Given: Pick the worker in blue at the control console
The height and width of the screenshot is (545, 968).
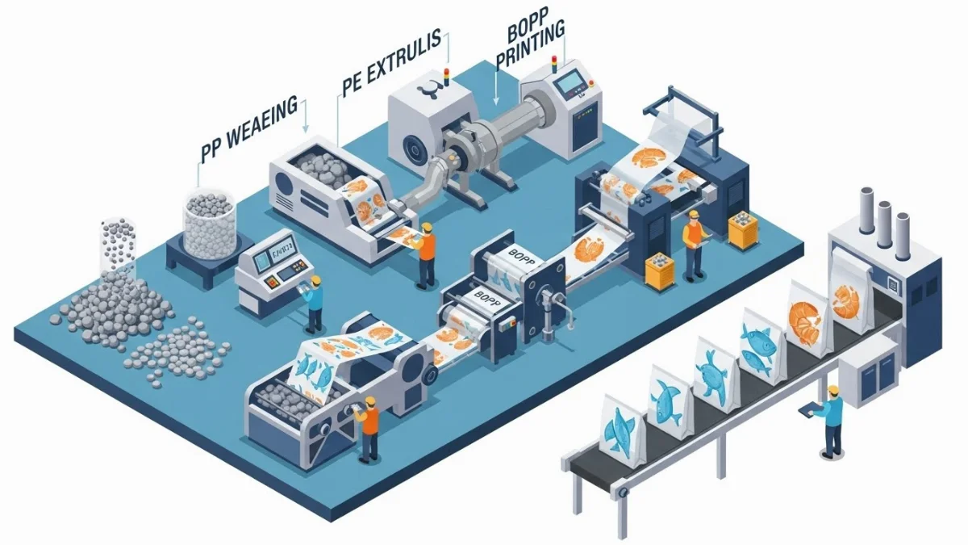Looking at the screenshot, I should click(312, 303).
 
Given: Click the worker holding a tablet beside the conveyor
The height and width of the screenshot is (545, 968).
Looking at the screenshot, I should click(828, 420).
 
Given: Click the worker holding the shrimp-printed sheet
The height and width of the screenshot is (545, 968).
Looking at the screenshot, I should click(425, 254).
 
